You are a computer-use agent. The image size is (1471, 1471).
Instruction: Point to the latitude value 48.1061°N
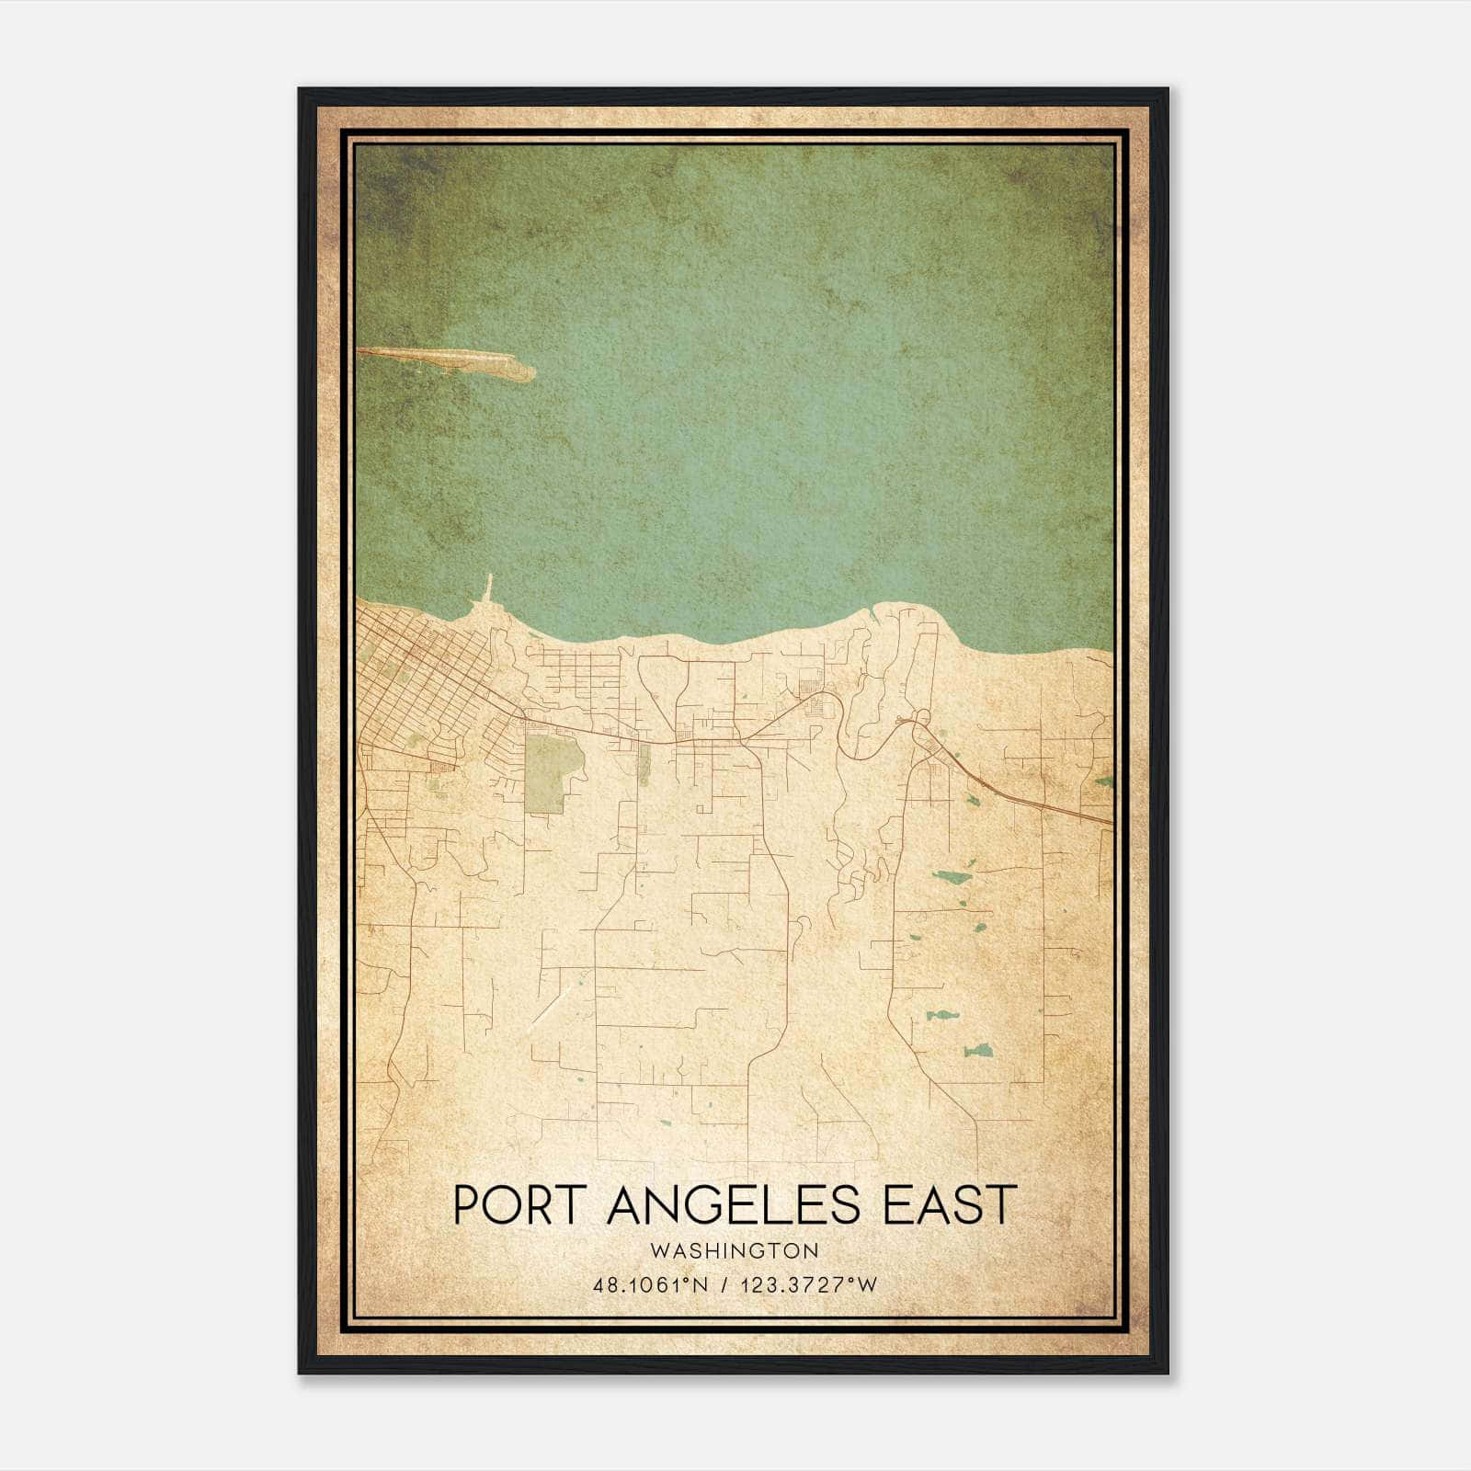(651, 1284)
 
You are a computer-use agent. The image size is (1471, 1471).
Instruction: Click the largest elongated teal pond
(952, 876)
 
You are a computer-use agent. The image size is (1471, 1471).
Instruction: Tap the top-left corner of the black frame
(301, 90)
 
